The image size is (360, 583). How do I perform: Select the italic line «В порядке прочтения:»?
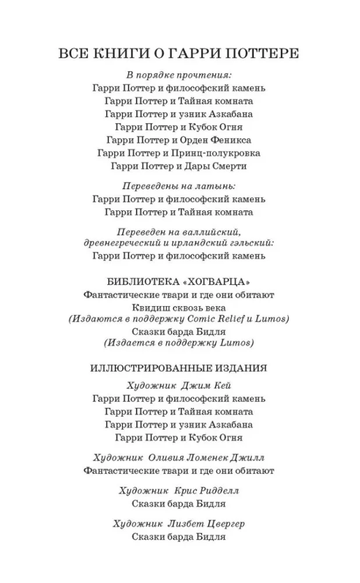point(179,76)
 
